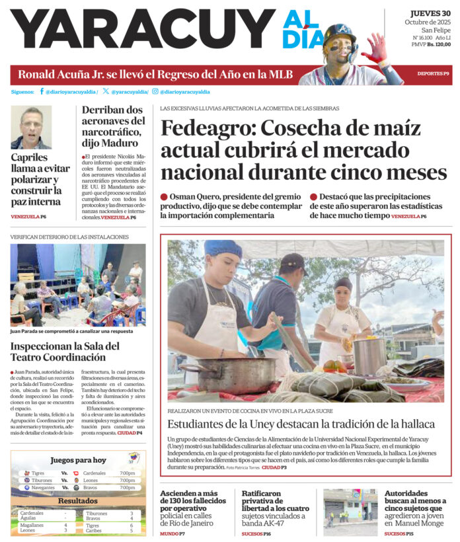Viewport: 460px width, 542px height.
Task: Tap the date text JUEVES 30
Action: click(x=430, y=13)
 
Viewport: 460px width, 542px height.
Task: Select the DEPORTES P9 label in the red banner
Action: click(x=433, y=73)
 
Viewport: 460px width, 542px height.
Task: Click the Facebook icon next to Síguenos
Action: click(x=42, y=91)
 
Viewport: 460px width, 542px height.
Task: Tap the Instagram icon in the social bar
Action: click(x=155, y=91)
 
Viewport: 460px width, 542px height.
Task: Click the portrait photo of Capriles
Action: click(x=30, y=127)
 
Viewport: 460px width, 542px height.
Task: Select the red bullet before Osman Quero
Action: click(x=164, y=197)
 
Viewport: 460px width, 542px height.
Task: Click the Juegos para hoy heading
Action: click(x=78, y=460)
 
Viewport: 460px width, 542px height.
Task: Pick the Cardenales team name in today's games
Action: click(x=95, y=473)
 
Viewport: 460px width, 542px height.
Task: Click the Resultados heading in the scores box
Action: click(x=78, y=501)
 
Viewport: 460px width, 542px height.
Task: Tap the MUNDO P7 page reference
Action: click(x=172, y=533)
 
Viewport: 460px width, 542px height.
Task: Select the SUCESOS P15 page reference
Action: click(x=399, y=533)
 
